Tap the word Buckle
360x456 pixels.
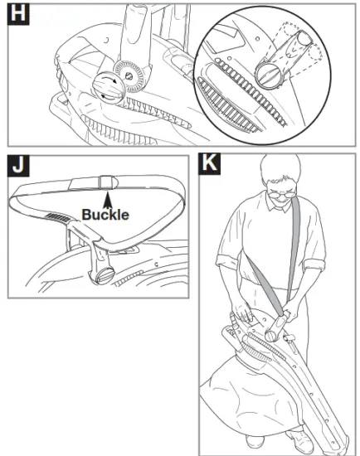(105, 214)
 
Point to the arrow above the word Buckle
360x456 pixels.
(106, 197)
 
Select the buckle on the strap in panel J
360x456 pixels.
(105, 180)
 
